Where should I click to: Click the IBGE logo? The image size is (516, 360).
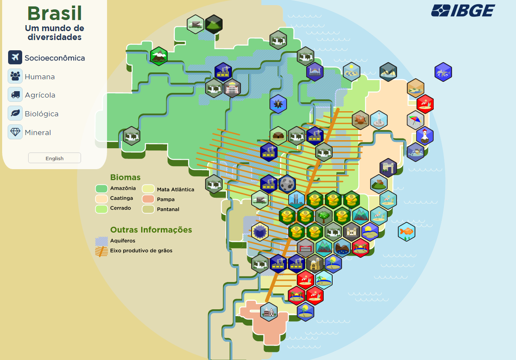click(x=463, y=10)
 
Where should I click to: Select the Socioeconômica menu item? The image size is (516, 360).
click(x=55, y=58)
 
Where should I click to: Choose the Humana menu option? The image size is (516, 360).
click(x=40, y=77)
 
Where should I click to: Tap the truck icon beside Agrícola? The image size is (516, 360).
click(x=15, y=95)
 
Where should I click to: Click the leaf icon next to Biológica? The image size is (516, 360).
click(x=15, y=113)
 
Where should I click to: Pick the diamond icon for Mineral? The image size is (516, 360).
click(x=15, y=132)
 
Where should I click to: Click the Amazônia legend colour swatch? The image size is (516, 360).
click(x=101, y=188)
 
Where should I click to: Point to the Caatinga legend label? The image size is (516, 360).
click(x=122, y=198)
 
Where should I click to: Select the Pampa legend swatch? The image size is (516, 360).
click(x=148, y=199)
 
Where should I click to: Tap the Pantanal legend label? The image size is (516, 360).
click(x=168, y=209)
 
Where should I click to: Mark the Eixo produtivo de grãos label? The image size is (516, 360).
click(x=141, y=251)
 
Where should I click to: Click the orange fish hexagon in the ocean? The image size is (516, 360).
click(x=406, y=231)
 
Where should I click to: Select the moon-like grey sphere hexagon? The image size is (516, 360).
click(x=287, y=184)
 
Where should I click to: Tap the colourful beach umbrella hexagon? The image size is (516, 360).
click(x=415, y=120)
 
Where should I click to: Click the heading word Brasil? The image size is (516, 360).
click(x=55, y=14)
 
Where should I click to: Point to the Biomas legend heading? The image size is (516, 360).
click(x=125, y=177)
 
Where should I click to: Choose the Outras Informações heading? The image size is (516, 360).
click(x=151, y=230)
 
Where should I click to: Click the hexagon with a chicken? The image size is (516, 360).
click(x=425, y=136)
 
